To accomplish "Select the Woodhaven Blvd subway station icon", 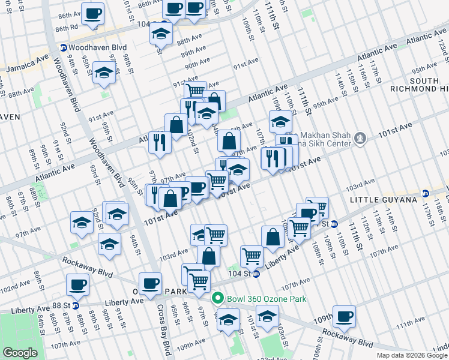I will pyautogui.click(x=64, y=47).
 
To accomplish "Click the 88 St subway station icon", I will pyautogui.click(x=76, y=305).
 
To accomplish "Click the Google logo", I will pyautogui.click(x=20, y=353).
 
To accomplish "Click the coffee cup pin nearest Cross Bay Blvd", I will pyautogui.click(x=150, y=283).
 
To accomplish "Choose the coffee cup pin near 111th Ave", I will pyautogui.click(x=344, y=316).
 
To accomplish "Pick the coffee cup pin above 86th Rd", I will pyautogui.click(x=92, y=13).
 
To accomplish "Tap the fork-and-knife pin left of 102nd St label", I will pyautogui.click(x=160, y=142).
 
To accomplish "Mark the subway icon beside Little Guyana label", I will pyautogui.click(x=425, y=193).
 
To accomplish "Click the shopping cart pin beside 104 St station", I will pyautogui.click(x=252, y=256).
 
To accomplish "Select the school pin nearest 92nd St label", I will pyautogui.click(x=82, y=222).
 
